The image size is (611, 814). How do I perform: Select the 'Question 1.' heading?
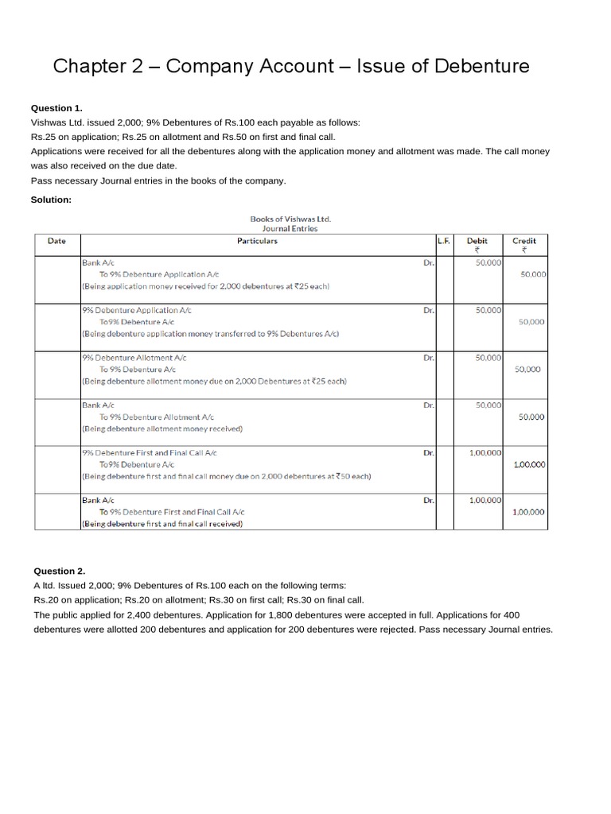coord(56,108)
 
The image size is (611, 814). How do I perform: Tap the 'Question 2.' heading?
coord(59,571)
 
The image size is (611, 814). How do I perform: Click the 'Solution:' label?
coord(51,200)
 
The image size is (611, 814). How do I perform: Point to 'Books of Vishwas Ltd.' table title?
coord(290,218)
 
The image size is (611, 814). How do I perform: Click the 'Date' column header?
coord(56,241)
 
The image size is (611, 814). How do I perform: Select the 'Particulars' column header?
coord(257,241)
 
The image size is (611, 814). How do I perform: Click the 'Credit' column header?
coord(524,241)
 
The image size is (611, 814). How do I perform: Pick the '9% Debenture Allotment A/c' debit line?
coord(133,358)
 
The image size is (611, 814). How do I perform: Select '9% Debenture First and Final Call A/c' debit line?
coord(149,452)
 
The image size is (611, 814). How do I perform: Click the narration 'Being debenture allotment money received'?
coord(162,428)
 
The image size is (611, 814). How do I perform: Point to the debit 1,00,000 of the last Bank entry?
coord(485,500)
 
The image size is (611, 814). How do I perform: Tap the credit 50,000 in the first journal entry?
coord(532,273)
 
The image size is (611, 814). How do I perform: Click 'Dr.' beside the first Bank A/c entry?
coord(429,262)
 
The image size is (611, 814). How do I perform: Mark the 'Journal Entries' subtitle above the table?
coord(290,228)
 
